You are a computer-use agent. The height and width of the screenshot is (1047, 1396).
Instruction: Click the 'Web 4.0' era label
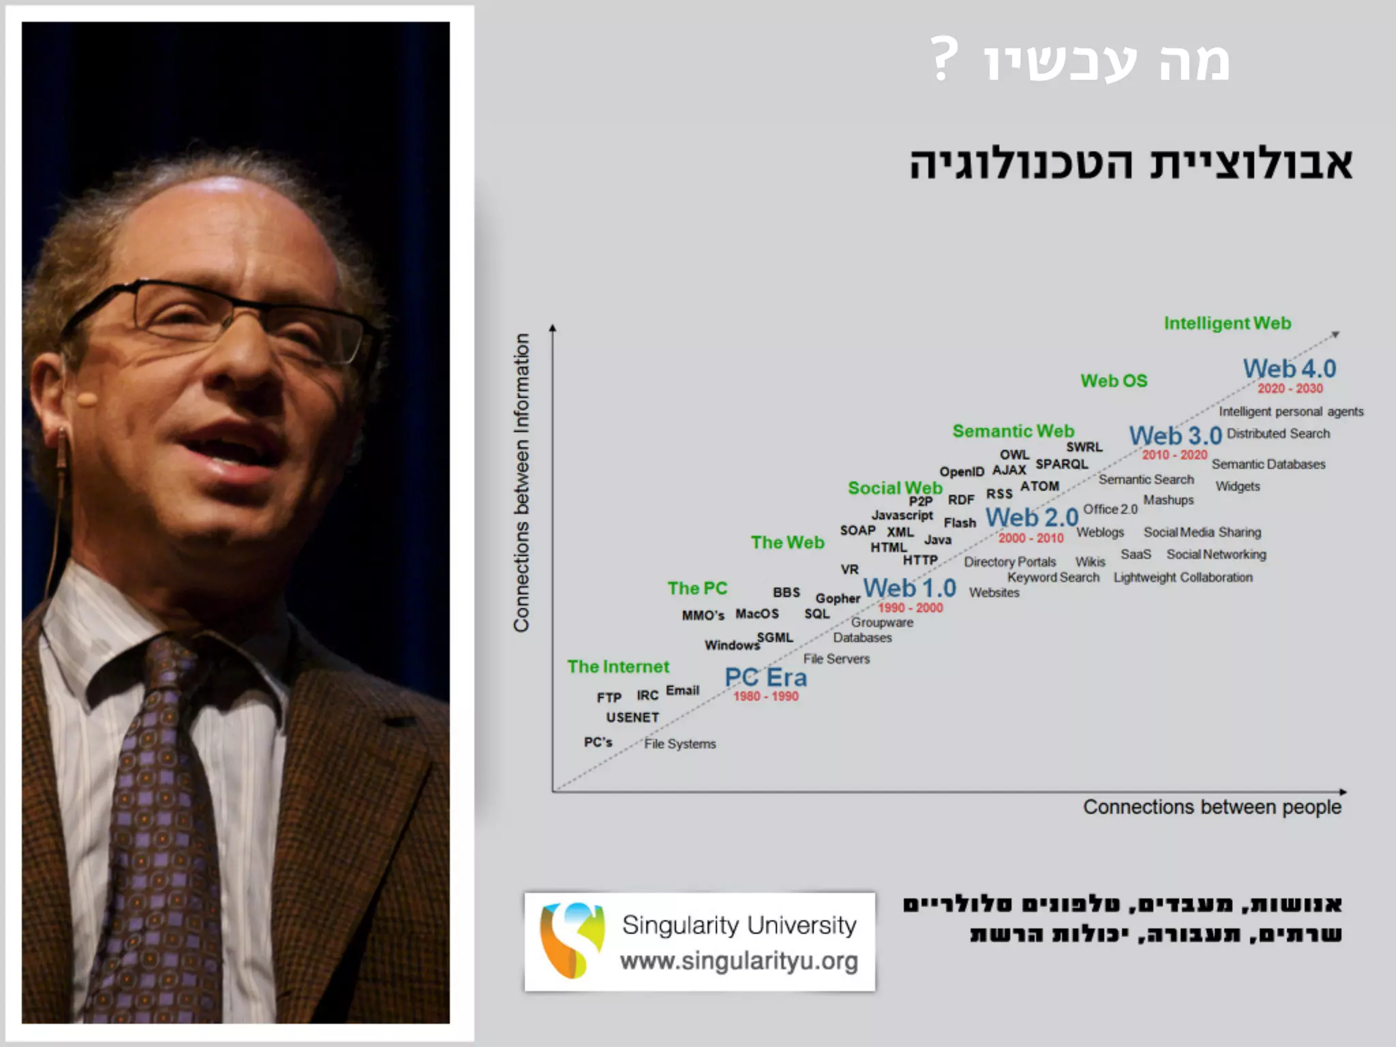(1289, 369)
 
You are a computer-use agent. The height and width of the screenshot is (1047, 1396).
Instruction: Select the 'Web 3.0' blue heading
(1175, 436)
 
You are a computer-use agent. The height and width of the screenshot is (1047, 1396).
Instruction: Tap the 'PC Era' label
(765, 678)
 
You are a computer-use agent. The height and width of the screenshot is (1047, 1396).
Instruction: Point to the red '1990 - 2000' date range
(910, 608)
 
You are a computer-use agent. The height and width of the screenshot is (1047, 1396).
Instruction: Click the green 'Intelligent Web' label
(1227, 323)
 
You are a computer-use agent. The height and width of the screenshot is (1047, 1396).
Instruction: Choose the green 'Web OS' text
(1114, 381)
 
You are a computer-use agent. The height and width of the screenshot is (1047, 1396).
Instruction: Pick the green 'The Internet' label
(618, 667)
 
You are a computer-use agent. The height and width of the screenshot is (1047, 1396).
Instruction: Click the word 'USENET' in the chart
(633, 718)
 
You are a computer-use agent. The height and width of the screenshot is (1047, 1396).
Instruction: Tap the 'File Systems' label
(680, 744)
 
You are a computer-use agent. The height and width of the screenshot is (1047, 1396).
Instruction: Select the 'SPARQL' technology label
(1061, 464)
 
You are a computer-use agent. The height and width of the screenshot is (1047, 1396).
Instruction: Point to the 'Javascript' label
(902, 515)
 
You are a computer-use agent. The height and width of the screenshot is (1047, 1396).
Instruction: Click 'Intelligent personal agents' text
(1291, 412)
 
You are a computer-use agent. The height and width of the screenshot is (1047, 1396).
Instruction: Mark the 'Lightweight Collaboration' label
(1183, 577)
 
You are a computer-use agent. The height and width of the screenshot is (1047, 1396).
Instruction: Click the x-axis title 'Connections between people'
(1212, 807)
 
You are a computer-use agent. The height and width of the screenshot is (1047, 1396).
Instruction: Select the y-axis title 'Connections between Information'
(521, 483)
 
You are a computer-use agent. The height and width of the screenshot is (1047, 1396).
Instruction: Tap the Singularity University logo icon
(571, 940)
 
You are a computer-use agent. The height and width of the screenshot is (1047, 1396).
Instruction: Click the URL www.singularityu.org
(739, 961)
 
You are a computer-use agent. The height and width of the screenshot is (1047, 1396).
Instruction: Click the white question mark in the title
(945, 59)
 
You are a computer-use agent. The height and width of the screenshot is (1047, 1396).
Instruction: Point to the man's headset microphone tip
(87, 398)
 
